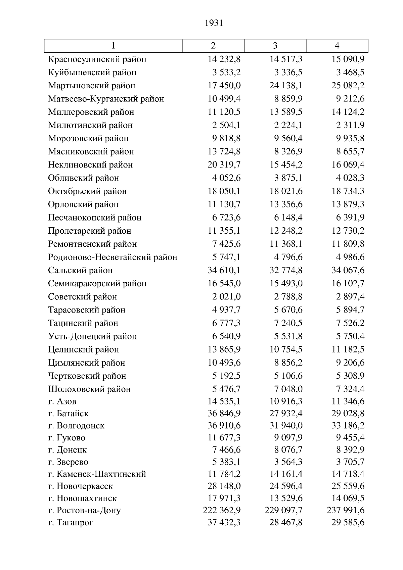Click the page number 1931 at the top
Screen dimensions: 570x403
click(214, 23)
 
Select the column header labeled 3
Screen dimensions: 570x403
click(275, 46)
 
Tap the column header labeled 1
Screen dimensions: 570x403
click(113, 46)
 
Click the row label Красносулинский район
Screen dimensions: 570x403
click(97, 59)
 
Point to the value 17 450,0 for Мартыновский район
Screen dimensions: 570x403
click(224, 86)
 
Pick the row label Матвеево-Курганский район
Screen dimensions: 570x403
click(106, 99)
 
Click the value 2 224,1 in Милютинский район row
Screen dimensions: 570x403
click(288, 125)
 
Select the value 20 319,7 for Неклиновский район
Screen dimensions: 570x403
click(224, 165)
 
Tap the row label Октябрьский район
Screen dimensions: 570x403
click(87, 191)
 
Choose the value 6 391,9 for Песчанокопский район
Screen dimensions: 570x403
click(350, 218)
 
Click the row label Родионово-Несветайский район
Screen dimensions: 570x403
click(113, 257)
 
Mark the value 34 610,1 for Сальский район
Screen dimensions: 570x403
click(224, 270)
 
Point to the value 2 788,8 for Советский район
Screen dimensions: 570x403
click(288, 297)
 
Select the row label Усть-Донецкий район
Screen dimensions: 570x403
click(92, 336)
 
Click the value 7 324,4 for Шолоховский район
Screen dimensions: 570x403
click(350, 389)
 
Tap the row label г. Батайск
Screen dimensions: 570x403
click(68, 414)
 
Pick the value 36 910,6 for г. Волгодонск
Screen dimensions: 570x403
click(224, 426)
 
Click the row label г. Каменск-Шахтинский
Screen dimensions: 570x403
click(97, 474)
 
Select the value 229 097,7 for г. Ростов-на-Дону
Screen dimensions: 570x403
click(283, 510)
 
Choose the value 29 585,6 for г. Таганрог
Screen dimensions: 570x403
click(348, 522)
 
